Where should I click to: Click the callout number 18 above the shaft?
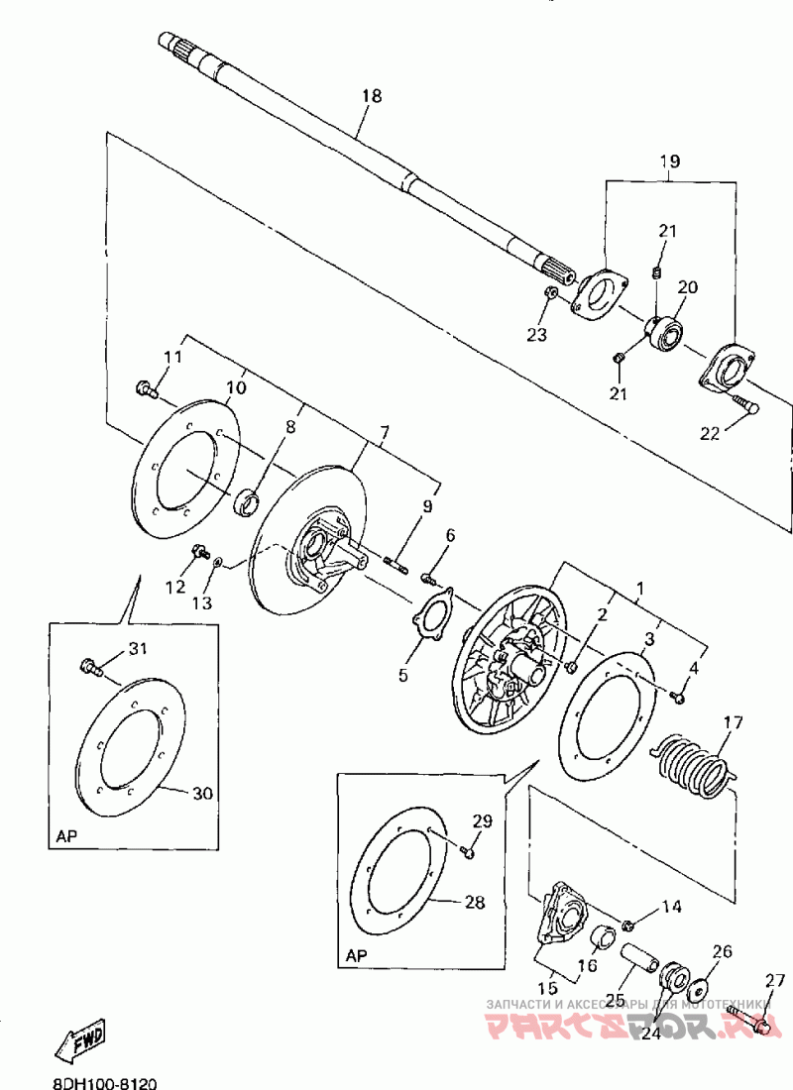click(x=372, y=96)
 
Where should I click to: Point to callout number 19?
click(x=670, y=160)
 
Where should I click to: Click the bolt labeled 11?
click(x=146, y=389)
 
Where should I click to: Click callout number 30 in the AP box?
click(x=202, y=793)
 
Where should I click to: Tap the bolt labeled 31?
click(x=90, y=669)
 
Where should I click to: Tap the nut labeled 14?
click(x=628, y=926)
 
